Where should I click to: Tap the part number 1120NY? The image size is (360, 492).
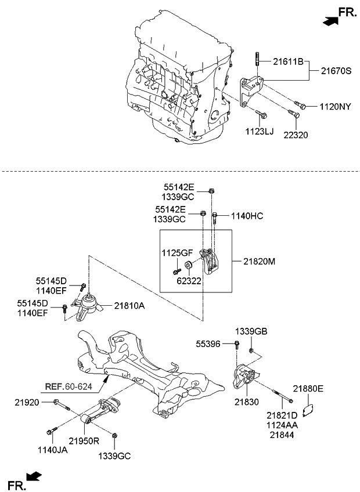[x=335, y=107]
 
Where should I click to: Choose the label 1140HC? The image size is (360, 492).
[x=247, y=216]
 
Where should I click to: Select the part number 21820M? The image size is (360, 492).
[x=256, y=262]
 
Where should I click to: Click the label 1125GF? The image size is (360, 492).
[x=176, y=253]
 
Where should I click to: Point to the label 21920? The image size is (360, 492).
[x=26, y=401]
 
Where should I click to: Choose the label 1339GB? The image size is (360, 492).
[x=251, y=331]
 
